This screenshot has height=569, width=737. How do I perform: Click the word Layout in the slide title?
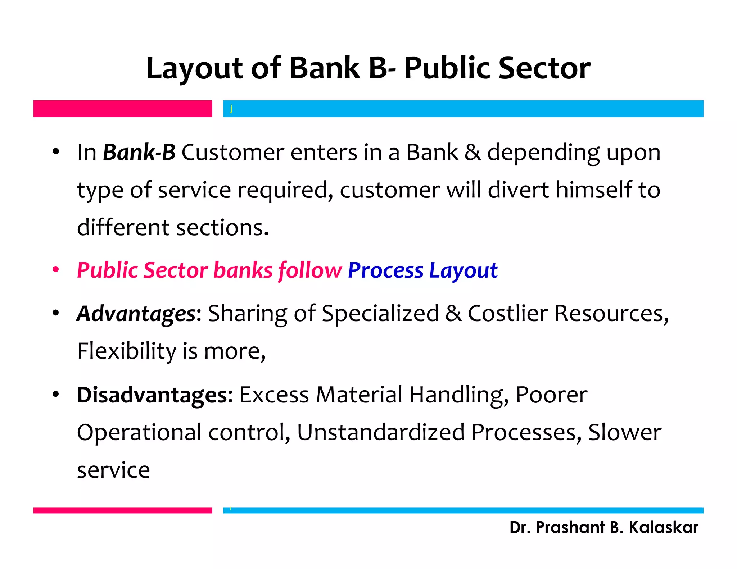194,68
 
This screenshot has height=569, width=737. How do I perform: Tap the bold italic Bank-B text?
139,152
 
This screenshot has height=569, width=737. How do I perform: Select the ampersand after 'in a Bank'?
473,152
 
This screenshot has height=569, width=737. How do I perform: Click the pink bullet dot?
55,270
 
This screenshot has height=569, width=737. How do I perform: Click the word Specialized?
380,313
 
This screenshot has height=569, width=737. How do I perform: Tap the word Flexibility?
127,351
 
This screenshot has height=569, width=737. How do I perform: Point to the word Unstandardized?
381,432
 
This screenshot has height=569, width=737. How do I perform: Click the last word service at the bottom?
113,470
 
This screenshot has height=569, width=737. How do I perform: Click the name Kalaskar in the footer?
663,528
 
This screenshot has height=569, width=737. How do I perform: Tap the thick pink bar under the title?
122,109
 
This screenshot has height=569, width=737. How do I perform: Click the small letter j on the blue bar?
231,109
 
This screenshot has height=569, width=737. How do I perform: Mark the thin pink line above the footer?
122,510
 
